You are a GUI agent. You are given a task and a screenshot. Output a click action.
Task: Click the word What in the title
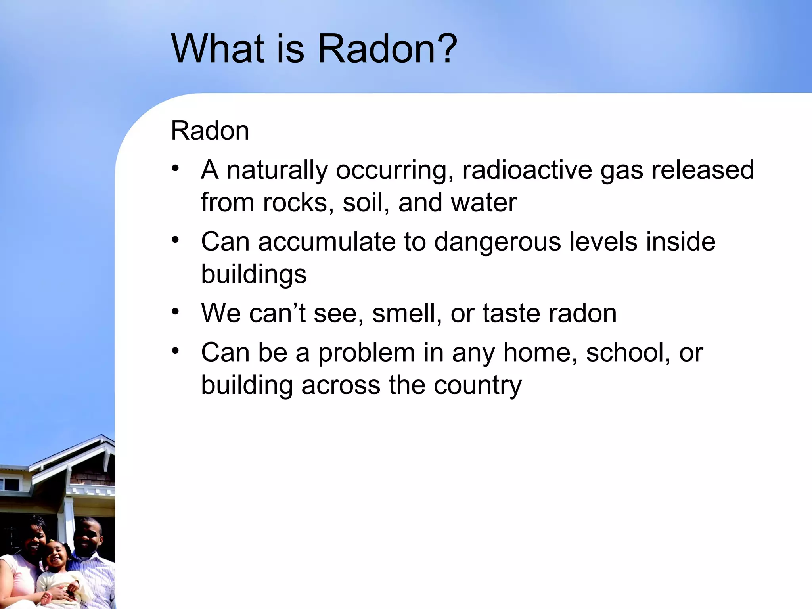[x=218, y=49]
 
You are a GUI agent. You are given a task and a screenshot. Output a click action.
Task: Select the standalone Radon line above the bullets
[x=210, y=130]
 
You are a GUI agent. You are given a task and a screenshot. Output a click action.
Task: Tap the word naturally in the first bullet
[x=277, y=170]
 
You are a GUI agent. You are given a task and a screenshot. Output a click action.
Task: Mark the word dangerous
[x=498, y=242]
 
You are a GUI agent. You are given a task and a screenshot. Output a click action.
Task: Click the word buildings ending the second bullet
[x=254, y=274]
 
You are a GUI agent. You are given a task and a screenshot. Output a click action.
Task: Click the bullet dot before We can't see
[x=176, y=312]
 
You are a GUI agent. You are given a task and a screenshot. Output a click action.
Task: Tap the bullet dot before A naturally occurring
[x=176, y=169]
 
